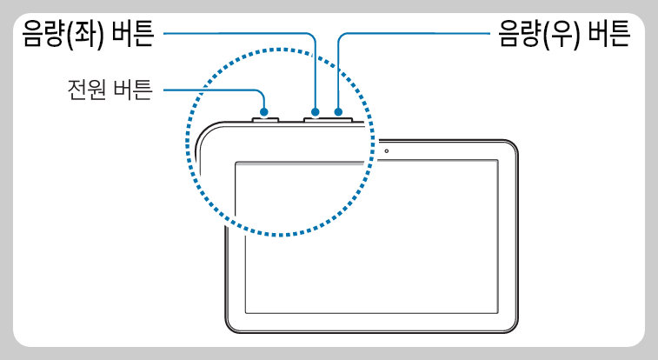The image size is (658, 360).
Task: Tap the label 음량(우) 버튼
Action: coord(562,35)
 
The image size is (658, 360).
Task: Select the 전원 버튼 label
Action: coord(110,90)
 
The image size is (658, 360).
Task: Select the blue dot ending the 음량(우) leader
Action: coord(338,111)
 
